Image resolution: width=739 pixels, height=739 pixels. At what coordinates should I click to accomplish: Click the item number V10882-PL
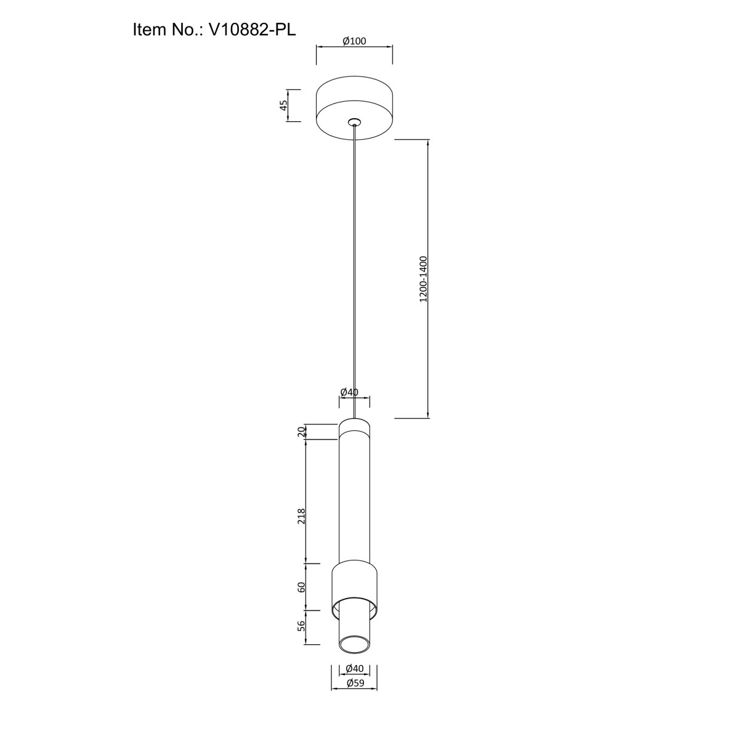[x=252, y=30]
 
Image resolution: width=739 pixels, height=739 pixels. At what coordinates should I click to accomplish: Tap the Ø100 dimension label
[x=354, y=41]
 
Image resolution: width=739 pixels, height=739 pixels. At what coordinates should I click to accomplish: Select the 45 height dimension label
[x=283, y=105]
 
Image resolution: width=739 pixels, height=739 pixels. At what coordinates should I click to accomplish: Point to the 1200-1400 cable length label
[x=422, y=279]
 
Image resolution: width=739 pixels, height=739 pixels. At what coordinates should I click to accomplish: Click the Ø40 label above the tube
[x=349, y=392]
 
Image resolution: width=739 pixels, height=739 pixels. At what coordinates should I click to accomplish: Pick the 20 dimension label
[x=301, y=432]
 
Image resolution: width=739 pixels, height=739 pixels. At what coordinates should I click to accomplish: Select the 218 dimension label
[x=301, y=516]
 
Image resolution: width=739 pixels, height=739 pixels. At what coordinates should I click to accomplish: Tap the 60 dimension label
[x=301, y=587]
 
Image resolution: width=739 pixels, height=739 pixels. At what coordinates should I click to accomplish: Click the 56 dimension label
[x=301, y=626]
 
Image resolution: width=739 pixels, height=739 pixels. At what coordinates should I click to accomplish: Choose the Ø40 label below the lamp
[x=354, y=668]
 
